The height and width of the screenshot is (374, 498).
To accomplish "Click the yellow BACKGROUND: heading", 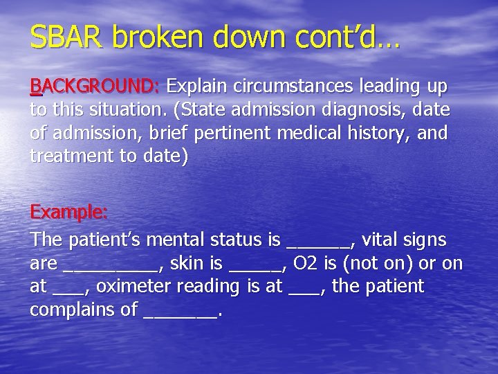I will coord(95,87).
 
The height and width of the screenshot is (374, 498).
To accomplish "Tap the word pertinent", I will coord(270,132).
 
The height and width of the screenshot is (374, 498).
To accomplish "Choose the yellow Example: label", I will coord(69,211).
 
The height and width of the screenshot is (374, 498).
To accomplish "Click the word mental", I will coord(176,240).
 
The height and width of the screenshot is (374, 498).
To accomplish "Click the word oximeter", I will coord(145,286).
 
